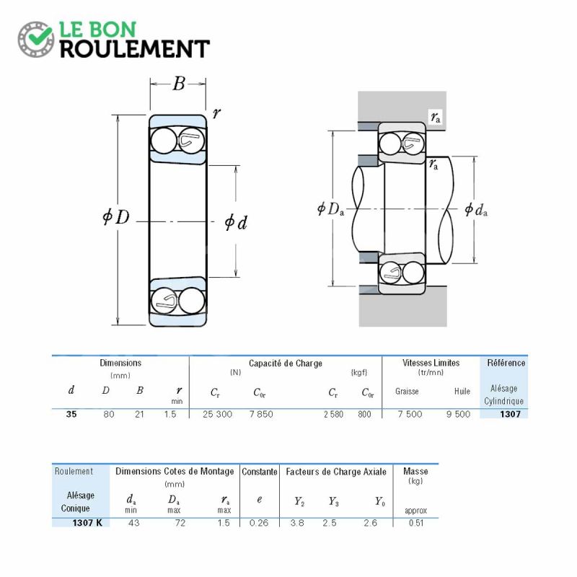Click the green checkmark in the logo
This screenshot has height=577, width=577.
pos(40,36)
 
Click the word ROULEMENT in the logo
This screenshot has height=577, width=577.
pos(135,49)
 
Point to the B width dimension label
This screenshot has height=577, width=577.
pos(178,84)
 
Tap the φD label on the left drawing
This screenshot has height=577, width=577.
pos(116,216)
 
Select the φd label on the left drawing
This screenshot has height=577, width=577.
pos(236,222)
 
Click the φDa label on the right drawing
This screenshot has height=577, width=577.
pos(331,209)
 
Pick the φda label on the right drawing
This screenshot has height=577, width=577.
pos(476,210)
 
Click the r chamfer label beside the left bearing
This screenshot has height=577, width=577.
pos(216,113)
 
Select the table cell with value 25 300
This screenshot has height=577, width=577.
pos(218,414)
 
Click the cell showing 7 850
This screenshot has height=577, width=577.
pos(261,414)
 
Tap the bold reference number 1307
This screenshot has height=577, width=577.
pos(510,414)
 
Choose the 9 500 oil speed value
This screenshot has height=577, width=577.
pos(458,414)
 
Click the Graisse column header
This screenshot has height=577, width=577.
pos(407,391)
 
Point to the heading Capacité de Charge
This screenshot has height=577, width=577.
pos(286,364)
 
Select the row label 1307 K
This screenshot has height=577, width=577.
pos(87,523)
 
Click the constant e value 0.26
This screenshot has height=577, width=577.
pos(259,523)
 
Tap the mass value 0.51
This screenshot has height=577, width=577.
pos(416,523)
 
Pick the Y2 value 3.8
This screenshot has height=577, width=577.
pos(297,523)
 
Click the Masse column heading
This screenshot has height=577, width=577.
pos(415,472)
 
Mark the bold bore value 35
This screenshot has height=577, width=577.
pos(71,414)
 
